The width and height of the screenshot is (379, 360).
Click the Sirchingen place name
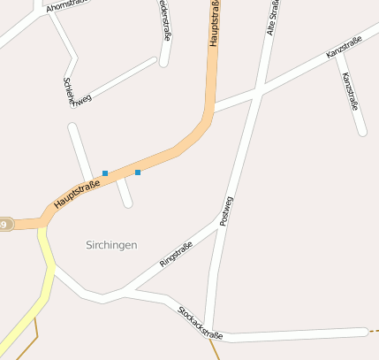coord(112,244)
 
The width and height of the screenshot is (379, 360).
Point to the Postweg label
coord(224,211)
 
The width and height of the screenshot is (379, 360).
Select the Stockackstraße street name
coord(200,323)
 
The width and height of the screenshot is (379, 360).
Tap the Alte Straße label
coord(272,18)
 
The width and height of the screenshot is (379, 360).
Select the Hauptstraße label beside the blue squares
coord(76,194)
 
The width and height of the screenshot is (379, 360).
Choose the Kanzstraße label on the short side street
coord(350,91)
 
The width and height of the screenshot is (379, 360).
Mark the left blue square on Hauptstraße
coord(105,173)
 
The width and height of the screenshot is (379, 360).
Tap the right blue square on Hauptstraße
coord(138,172)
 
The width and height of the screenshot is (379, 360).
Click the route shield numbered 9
coord(5,225)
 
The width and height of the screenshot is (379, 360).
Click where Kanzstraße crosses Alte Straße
coord(257,91)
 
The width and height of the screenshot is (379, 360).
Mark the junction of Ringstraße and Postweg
coord(217,218)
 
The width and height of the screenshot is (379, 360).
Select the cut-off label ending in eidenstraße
coord(165,19)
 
